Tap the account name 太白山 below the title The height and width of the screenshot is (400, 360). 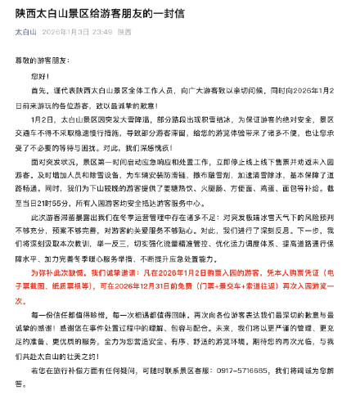pyautogui.click(x=26, y=31)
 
